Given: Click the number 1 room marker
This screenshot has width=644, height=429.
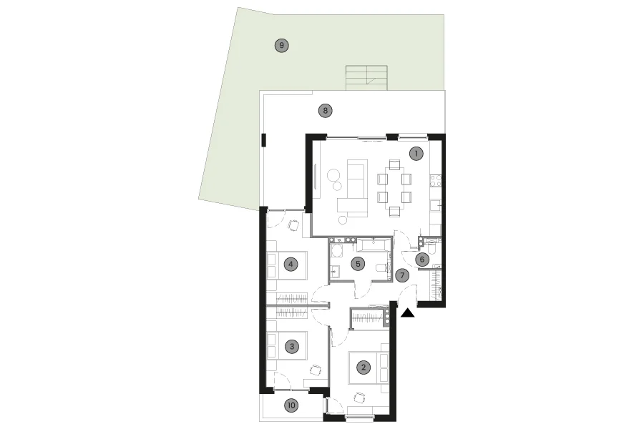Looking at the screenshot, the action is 416,154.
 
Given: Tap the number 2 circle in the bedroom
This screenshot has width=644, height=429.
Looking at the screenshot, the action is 364,367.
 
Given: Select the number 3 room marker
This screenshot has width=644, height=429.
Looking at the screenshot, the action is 292,347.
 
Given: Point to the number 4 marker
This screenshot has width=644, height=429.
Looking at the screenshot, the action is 291,264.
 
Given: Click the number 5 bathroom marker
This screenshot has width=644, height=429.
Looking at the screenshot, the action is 358,264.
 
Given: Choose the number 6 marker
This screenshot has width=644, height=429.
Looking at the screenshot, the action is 421,260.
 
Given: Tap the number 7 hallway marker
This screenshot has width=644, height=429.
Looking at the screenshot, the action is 402,275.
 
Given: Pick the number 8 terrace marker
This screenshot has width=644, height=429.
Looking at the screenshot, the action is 326,110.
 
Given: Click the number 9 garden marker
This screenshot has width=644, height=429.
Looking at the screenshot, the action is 282,45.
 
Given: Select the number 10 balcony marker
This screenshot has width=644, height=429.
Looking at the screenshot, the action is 291,405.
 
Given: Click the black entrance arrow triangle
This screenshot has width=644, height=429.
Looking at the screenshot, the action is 407,313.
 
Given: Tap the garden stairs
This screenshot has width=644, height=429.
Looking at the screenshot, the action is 367,78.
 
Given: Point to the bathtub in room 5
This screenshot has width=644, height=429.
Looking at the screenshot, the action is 373,245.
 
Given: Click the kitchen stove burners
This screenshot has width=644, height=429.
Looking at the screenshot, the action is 435,181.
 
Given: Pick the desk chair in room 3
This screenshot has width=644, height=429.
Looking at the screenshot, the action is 315,370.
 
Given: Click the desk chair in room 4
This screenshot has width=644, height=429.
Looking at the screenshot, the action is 294,225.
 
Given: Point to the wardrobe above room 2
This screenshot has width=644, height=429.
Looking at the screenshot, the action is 369,318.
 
